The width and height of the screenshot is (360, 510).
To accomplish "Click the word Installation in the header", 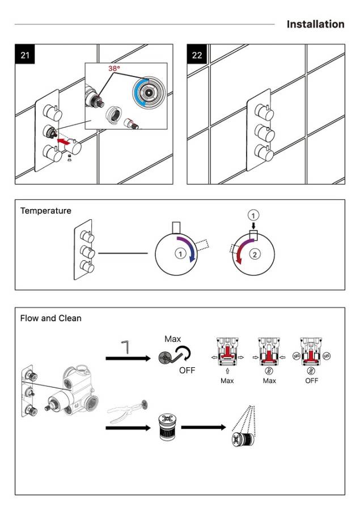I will [x=315, y=24].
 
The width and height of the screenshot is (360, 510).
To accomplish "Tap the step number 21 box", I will [x=25, y=55].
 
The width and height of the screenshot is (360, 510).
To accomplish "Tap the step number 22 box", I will [x=197, y=55].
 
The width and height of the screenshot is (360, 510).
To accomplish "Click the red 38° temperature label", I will [x=115, y=69].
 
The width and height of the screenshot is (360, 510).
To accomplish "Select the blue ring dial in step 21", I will [x=149, y=92].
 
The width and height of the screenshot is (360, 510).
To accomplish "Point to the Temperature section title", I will [x=46, y=211].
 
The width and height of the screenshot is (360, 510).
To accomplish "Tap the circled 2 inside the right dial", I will [x=255, y=254].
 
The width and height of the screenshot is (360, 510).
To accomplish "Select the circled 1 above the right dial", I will [x=254, y=215].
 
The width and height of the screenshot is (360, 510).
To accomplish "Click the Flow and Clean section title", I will [x=51, y=318].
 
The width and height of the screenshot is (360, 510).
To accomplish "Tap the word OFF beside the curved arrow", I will [x=187, y=371].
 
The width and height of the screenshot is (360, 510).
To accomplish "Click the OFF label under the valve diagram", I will [x=311, y=381].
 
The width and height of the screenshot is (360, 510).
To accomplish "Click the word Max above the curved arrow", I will [x=173, y=339].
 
